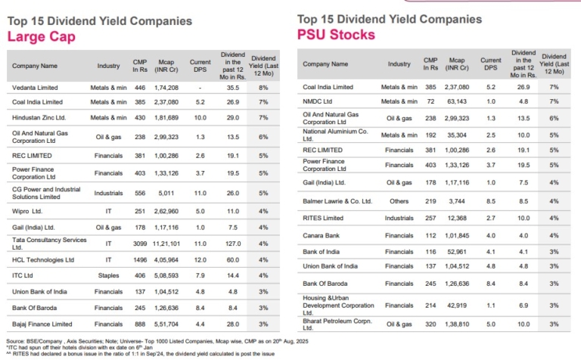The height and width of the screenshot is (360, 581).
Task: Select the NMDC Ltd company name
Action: [x=318, y=101]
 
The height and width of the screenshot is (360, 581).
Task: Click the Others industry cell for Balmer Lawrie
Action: [x=399, y=200]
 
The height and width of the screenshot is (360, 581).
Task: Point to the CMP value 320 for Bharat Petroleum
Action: [x=431, y=322]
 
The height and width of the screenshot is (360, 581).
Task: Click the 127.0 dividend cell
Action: [x=233, y=244]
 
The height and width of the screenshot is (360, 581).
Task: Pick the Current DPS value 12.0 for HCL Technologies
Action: [x=200, y=259]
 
